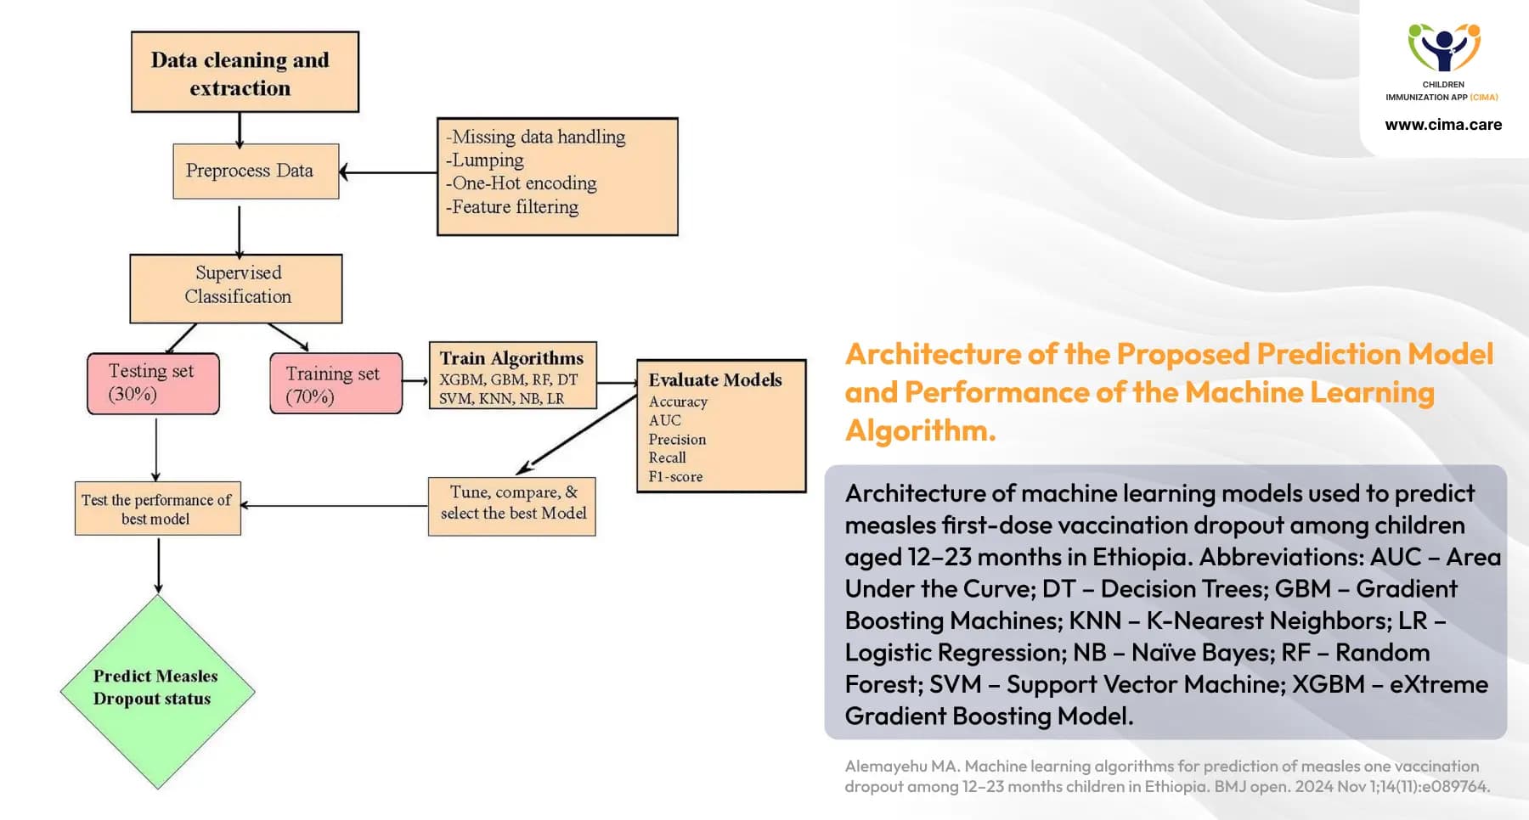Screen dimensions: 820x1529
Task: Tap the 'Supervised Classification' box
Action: click(236, 289)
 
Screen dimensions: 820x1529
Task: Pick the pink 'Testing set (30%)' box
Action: click(153, 384)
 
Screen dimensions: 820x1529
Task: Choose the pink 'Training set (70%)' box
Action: click(336, 384)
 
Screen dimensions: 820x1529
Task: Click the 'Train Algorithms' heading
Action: click(511, 358)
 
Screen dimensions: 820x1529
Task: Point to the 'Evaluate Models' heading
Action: click(715, 380)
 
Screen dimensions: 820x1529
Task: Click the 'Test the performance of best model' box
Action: click(157, 509)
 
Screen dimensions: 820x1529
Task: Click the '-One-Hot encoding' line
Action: click(522, 183)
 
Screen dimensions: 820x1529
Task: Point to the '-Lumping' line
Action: click(485, 160)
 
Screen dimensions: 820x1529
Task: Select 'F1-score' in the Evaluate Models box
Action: click(675, 477)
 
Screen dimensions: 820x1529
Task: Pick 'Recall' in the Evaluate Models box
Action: click(667, 458)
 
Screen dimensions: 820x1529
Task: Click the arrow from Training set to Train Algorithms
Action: click(415, 382)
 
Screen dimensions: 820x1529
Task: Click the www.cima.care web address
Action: click(1443, 125)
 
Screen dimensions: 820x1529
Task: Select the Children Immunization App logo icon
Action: click(1443, 48)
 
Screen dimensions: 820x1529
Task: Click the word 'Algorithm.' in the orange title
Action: click(920, 431)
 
